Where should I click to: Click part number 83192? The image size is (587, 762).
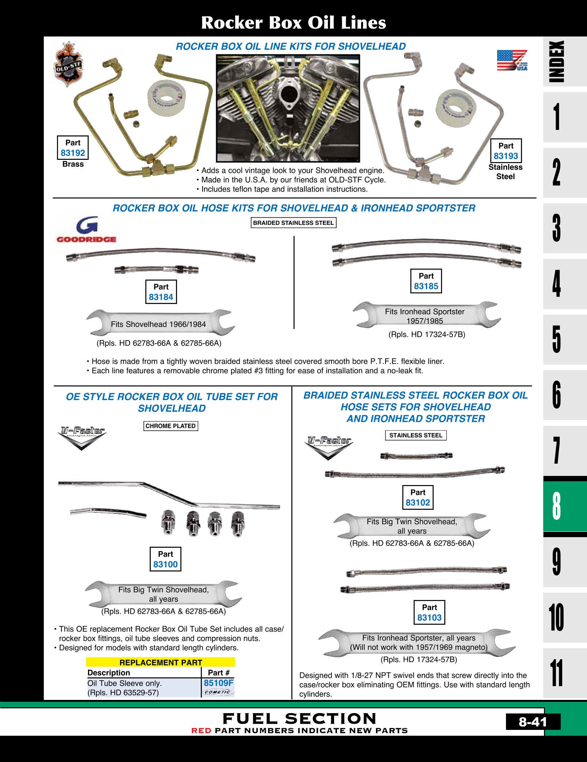[73, 153]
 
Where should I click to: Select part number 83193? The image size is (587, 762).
[506, 156]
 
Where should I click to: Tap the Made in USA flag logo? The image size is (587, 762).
[512, 60]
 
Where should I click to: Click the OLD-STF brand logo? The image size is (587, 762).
[68, 65]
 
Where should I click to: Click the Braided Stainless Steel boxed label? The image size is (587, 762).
[293, 223]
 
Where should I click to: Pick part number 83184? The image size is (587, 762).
[161, 297]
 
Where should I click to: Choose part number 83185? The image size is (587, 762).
[426, 286]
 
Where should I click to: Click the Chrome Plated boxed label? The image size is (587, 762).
[170, 426]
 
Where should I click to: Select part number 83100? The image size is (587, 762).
[165, 564]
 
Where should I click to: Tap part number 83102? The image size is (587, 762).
[418, 503]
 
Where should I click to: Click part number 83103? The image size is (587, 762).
[429, 617]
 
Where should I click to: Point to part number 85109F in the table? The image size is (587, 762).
[218, 683]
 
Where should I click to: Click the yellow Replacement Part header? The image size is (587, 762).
[161, 662]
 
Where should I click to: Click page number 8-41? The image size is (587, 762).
[533, 722]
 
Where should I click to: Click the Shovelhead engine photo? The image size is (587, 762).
[288, 108]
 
